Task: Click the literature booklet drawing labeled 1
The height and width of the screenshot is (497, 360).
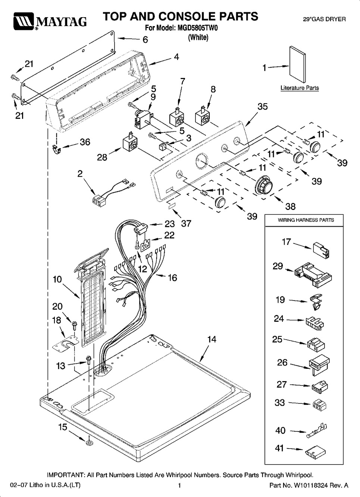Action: [x=298, y=64]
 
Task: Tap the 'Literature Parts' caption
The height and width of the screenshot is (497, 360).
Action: [x=300, y=88]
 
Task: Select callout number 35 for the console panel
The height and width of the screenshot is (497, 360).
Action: [x=262, y=107]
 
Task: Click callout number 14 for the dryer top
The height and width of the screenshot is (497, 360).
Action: [x=212, y=339]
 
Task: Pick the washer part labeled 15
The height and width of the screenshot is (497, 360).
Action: [x=89, y=442]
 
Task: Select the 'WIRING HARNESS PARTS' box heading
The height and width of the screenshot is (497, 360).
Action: [x=306, y=220]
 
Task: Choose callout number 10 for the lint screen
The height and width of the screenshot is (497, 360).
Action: [x=57, y=279]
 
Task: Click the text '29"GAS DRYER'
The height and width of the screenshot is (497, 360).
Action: [x=324, y=19]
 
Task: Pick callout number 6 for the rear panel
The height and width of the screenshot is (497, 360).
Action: [x=145, y=40]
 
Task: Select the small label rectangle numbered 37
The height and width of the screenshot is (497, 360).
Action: [x=172, y=206]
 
